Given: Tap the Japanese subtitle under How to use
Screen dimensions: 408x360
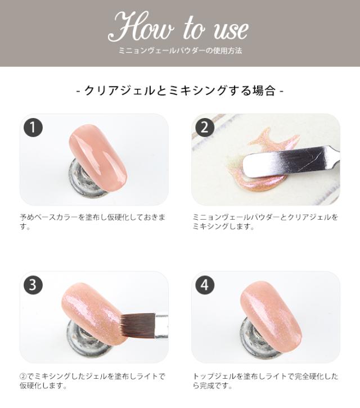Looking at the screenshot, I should (x=180, y=51).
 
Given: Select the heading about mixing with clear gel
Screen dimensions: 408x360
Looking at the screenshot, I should (x=180, y=90).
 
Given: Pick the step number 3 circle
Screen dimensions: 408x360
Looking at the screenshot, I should (x=33, y=285).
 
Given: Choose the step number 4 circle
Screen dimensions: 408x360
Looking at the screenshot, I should (x=205, y=285).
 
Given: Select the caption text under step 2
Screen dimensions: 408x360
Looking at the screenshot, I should (x=265, y=222).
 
